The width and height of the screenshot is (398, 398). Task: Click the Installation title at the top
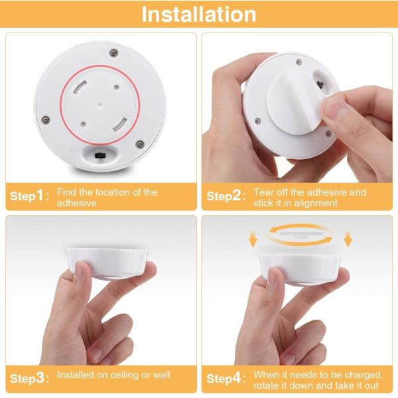tap(199, 15)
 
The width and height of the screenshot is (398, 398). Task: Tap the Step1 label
tap(28, 196)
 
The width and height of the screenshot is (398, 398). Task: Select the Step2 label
tap(225, 196)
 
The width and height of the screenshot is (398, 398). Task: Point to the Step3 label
tap(28, 379)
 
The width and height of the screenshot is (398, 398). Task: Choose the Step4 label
tap(225, 379)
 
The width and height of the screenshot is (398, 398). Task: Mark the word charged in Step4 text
tap(364, 375)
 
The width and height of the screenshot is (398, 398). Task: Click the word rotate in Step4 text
tap(267, 386)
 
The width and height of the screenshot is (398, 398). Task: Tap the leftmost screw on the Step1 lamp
tap(46, 119)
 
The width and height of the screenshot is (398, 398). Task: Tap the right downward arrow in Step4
tap(349, 238)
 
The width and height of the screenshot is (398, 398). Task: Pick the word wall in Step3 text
tap(161, 375)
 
